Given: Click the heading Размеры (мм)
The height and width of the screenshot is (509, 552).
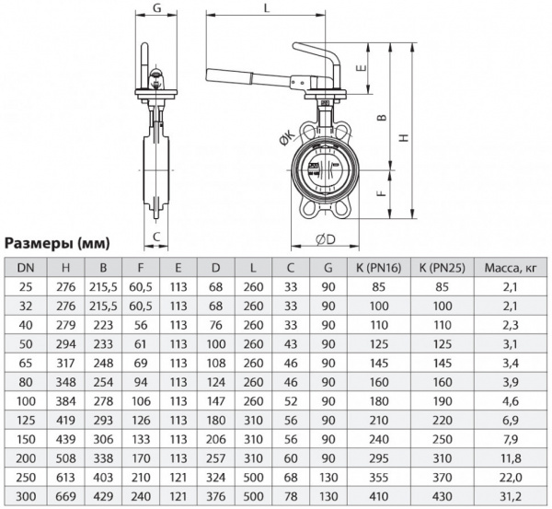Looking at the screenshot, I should pos(58,244).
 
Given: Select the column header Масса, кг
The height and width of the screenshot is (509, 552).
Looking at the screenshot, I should pos(511,268).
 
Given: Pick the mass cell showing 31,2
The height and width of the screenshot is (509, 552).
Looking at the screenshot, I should pos(511,496).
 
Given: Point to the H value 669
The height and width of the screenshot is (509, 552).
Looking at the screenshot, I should pos(65,496).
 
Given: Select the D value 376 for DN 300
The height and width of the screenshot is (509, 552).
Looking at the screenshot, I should pos(215,496).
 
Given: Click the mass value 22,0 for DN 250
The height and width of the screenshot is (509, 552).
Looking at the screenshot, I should pos(511,479).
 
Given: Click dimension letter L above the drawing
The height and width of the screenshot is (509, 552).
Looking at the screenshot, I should pos(265,8).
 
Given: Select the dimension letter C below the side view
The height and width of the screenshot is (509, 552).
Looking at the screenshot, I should pos(157,237).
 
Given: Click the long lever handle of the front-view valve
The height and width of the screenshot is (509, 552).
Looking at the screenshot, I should pos(248,75).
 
